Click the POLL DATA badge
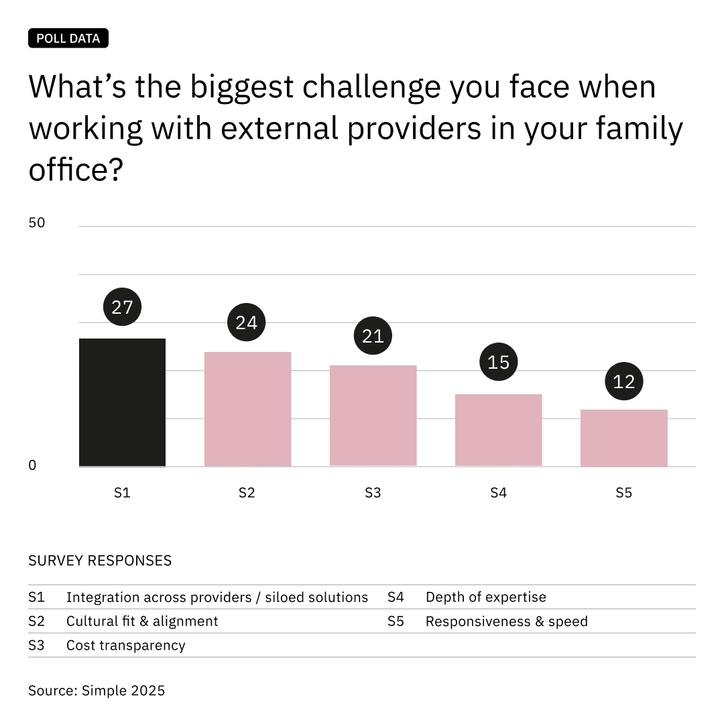tap(68, 38)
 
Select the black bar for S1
tap(122, 402)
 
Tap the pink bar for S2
tap(247, 409)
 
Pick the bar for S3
tap(373, 416)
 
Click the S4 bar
tap(498, 430)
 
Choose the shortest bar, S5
tap(623, 438)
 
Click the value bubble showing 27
tap(122, 308)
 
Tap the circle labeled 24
tap(247, 322)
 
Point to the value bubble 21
tap(372, 336)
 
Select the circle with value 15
tap(498, 363)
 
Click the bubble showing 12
tap(623, 381)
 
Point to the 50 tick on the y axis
tap(37, 223)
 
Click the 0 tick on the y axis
tap(32, 465)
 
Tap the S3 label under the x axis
tap(372, 493)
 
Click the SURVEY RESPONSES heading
tap(100, 560)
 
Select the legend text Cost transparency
tap(125, 646)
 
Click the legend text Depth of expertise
tap(485, 597)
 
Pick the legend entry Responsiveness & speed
tap(506, 621)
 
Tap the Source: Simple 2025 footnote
tap(97, 690)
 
